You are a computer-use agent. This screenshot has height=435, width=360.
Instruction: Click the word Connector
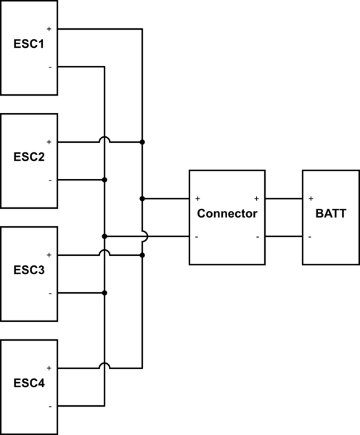[x=227, y=214]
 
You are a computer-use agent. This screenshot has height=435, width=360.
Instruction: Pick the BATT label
[x=331, y=214]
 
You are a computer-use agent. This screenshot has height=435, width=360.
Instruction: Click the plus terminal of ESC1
[x=49, y=29]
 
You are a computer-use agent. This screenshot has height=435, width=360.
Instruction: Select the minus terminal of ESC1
[x=49, y=67]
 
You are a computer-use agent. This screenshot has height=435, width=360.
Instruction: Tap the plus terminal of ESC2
[x=49, y=142]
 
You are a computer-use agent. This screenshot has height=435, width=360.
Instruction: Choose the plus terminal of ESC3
[x=49, y=255]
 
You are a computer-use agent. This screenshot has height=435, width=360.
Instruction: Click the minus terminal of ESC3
[x=49, y=294]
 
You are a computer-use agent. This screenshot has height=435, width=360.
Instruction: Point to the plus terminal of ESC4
[x=49, y=368]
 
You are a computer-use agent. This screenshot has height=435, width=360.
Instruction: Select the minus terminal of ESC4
[x=49, y=407]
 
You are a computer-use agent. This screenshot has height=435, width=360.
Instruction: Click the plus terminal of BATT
[x=311, y=198]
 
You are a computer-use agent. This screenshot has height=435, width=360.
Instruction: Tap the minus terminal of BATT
[x=311, y=236]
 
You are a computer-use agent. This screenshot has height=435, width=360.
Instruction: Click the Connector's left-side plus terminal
[x=197, y=198]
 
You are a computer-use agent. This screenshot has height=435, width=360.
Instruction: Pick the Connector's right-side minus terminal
[x=257, y=236]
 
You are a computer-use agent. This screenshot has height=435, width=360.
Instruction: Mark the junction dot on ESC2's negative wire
[x=105, y=180]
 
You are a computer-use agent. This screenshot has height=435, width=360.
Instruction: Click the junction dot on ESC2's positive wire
[x=143, y=142]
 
